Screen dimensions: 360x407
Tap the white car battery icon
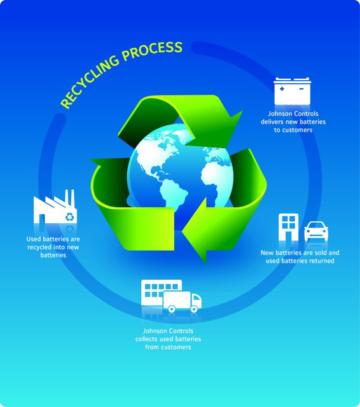point(292,91)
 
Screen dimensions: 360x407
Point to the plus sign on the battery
point(282,89)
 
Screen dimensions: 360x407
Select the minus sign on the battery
point(301,89)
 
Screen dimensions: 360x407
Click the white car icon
point(316,231)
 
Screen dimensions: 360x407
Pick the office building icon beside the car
point(288,227)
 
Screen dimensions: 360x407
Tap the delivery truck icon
point(182,301)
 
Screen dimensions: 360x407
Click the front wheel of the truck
point(193,309)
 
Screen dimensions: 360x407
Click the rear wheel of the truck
point(171,309)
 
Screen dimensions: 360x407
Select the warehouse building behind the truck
point(162,293)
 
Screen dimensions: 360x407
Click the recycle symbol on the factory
point(70,217)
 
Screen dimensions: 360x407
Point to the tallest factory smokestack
point(73,198)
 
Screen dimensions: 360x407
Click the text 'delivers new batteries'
point(293,121)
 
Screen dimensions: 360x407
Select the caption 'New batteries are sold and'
point(300,252)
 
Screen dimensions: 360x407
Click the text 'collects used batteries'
point(168,339)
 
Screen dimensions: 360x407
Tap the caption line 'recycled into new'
point(53,247)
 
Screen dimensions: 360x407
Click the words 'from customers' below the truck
point(168,347)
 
